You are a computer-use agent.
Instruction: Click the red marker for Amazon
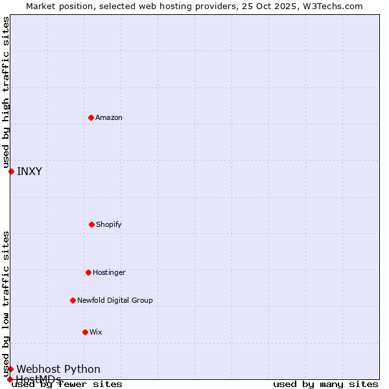[91, 117]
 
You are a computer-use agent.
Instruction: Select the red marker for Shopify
[91, 224]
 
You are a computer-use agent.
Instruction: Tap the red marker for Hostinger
[88, 272]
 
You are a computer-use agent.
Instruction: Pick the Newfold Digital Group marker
[73, 300]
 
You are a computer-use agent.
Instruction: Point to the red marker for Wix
[85, 332]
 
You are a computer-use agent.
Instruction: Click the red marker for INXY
[11, 171]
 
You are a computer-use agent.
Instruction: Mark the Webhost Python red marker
[10, 369]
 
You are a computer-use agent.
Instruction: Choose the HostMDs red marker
[10, 379]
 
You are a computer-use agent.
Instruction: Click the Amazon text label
[109, 117]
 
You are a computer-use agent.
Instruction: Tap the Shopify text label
[109, 224]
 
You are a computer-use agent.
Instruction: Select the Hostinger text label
[109, 272]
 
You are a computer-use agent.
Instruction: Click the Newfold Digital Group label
[115, 300]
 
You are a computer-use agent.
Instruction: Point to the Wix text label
[96, 332]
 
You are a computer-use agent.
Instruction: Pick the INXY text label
[29, 171]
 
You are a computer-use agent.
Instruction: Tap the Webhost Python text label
[58, 369]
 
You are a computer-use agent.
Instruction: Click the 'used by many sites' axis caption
[325, 384]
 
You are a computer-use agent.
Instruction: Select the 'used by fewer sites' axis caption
[67, 384]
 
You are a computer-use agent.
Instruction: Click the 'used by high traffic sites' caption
[6, 93]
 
